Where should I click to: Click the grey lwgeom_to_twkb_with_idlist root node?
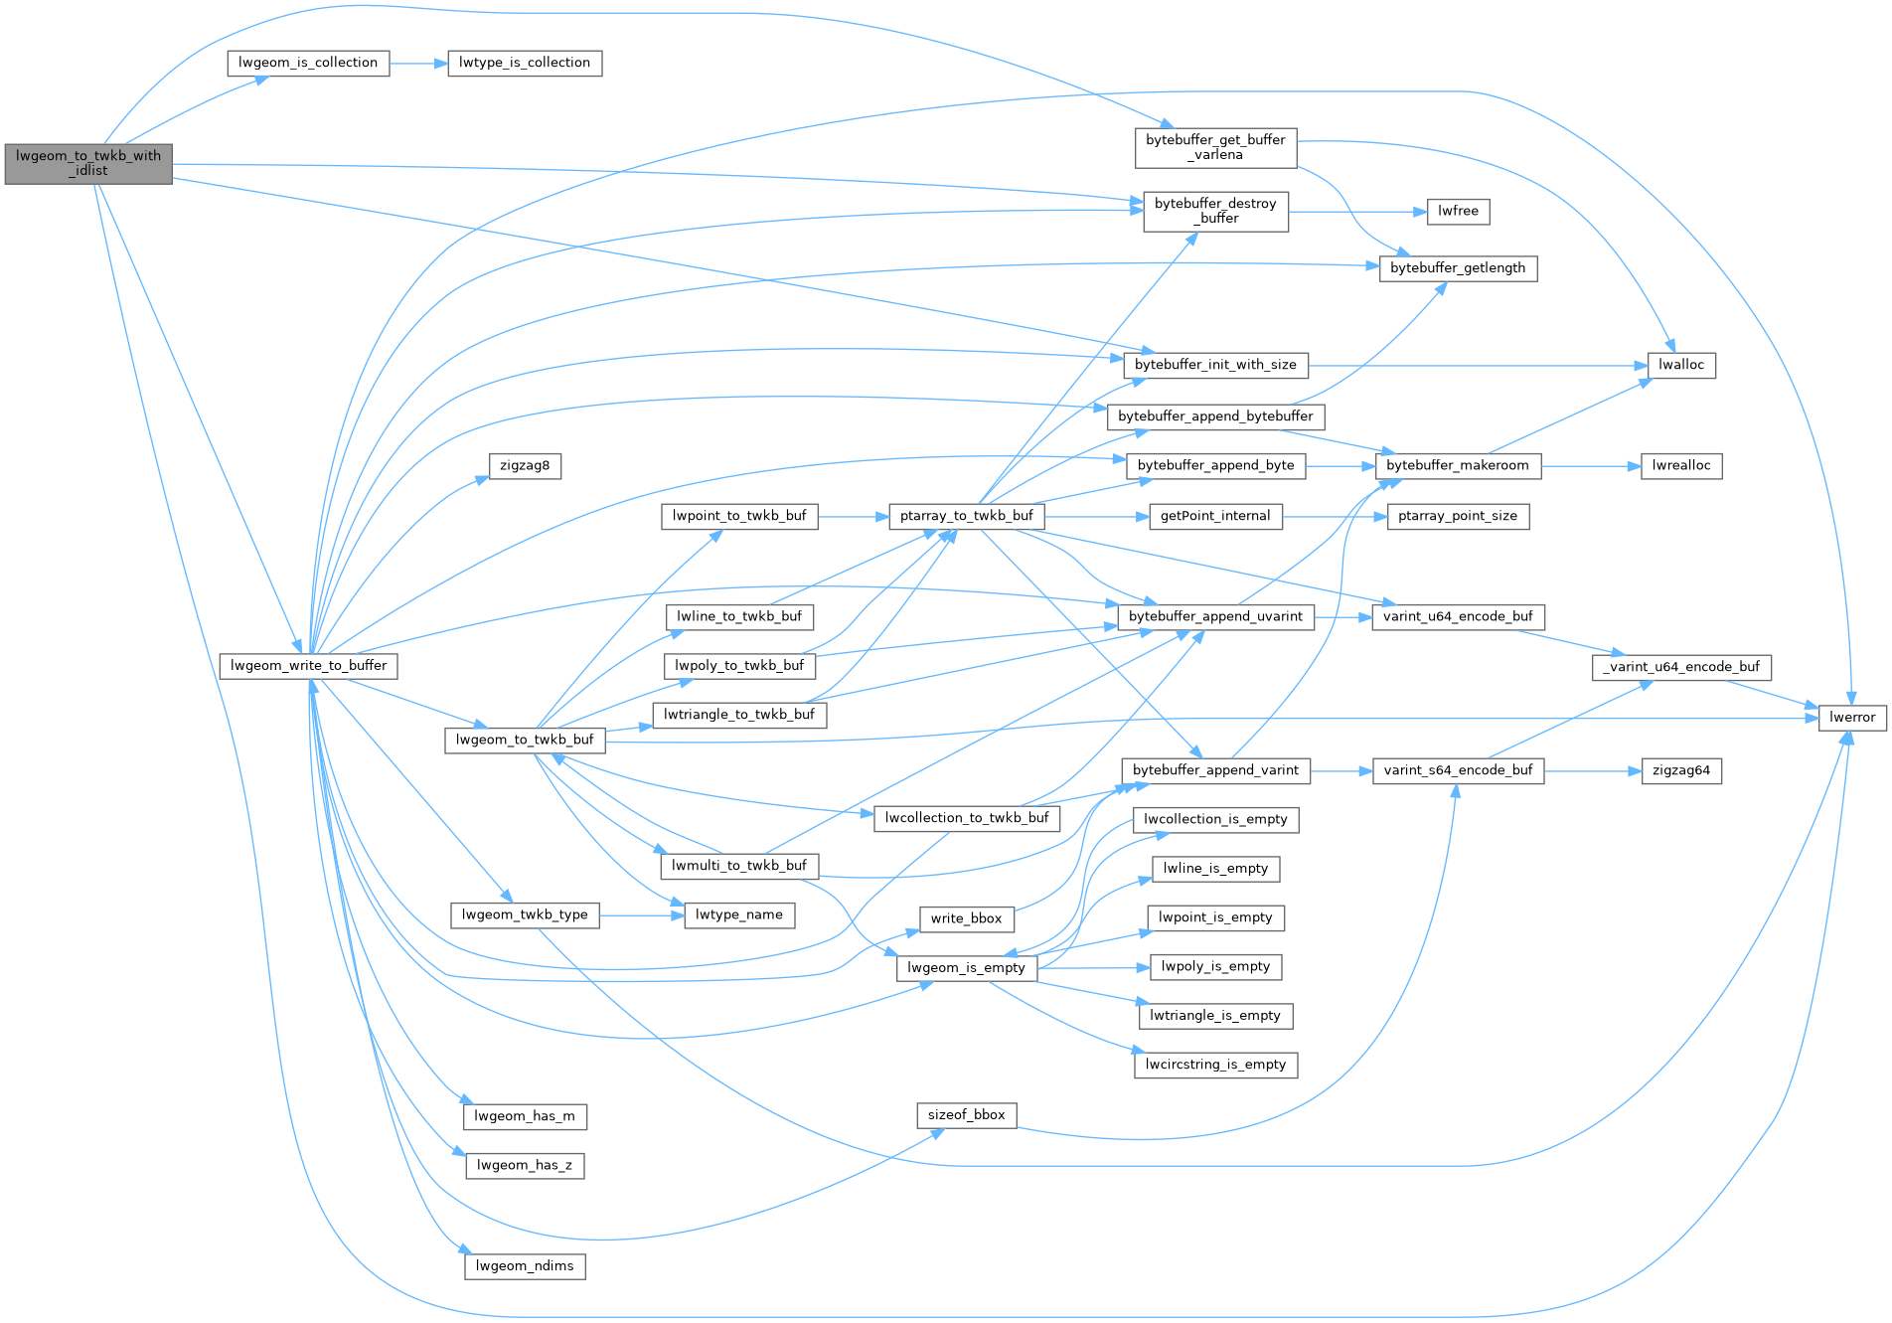coord(88,163)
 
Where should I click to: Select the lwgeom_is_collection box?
coord(308,63)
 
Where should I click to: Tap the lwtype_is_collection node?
coord(525,63)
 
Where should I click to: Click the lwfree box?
coord(1458,211)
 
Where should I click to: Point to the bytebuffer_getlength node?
coord(1458,268)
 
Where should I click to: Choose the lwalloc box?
coord(1681,365)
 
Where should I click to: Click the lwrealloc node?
coord(1681,465)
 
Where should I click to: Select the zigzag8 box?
coord(525,465)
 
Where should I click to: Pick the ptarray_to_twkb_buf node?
coord(966,516)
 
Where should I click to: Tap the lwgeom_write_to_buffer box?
coord(309,666)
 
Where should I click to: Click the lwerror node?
coord(1852,718)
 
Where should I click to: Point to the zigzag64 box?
coord(1681,770)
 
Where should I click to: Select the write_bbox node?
coord(966,918)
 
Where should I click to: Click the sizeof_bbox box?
coord(966,1115)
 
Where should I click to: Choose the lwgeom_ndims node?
coord(525,1266)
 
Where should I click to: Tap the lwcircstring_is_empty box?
coord(1215,1065)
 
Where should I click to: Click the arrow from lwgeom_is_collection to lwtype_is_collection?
coord(418,63)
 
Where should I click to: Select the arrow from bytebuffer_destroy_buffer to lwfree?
coord(1357,211)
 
